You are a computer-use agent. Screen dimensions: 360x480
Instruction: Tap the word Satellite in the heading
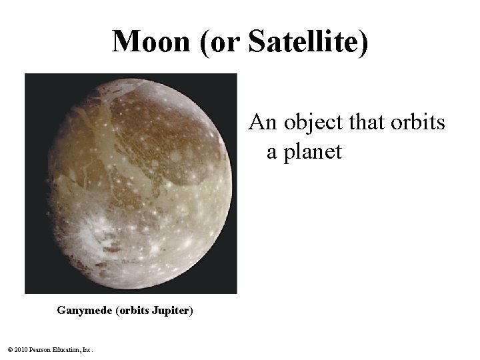[306, 41]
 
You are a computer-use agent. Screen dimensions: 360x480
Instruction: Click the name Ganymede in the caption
[85, 311]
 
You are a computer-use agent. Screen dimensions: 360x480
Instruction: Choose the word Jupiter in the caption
[171, 311]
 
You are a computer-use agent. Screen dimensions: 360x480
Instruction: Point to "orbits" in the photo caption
[133, 311]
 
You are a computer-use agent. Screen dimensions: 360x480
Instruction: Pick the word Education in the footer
[67, 350]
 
